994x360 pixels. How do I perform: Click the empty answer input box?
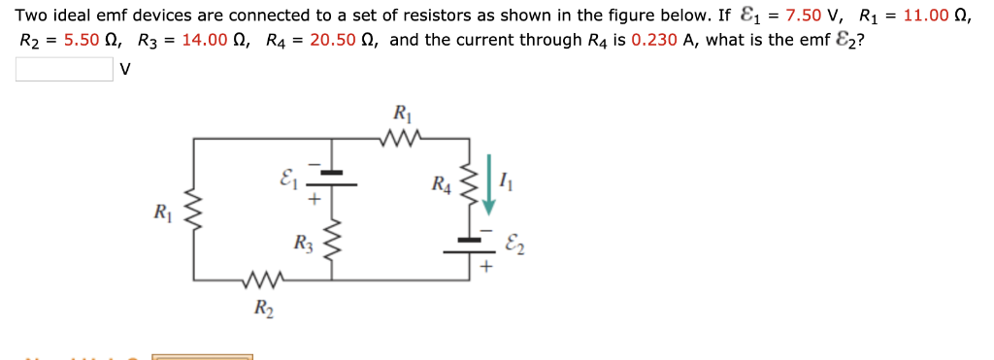click(x=64, y=70)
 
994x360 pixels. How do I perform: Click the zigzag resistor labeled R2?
click(x=263, y=281)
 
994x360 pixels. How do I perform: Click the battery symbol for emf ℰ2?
click(x=470, y=245)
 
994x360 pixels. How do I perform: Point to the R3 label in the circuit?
click(x=304, y=242)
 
